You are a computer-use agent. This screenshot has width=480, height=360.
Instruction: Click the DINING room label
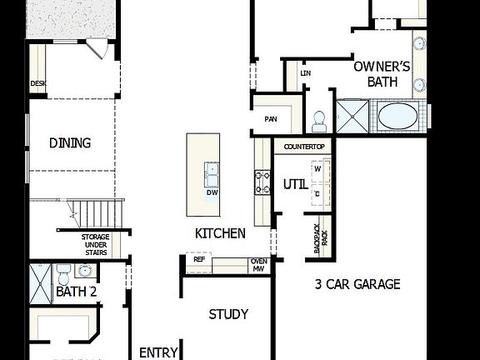pyautogui.click(x=70, y=142)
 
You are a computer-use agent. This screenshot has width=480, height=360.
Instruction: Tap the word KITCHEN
pyautogui.click(x=220, y=233)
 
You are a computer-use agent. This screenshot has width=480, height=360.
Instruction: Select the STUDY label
pyautogui.click(x=228, y=314)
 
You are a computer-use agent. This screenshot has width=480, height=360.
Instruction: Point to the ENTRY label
pyautogui.click(x=158, y=352)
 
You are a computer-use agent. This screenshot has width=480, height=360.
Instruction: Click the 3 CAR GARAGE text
pyautogui.click(x=357, y=284)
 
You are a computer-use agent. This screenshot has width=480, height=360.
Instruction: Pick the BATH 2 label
pyautogui.click(x=77, y=292)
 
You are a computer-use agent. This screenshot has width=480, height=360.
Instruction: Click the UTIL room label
pyautogui.click(x=294, y=183)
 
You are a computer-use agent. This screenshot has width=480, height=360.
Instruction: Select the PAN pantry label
pyautogui.click(x=271, y=119)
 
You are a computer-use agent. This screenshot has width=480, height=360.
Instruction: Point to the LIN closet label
pyautogui.click(x=305, y=74)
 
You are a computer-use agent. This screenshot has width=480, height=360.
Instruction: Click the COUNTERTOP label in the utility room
pyautogui.click(x=303, y=147)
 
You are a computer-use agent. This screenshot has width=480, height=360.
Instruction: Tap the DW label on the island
pyautogui.click(x=212, y=192)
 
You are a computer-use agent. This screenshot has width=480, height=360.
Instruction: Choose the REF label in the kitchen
pyautogui.click(x=199, y=259)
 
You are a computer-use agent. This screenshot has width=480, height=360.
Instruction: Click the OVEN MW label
pyautogui.click(x=258, y=264)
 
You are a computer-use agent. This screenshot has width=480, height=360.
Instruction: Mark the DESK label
pyautogui.click(x=37, y=83)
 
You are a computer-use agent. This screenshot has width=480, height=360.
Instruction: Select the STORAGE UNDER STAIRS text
pyautogui.click(x=96, y=244)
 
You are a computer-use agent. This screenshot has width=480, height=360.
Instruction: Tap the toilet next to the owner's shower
pyautogui.click(x=317, y=121)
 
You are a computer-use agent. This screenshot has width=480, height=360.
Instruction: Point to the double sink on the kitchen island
pyautogui.click(x=212, y=173)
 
